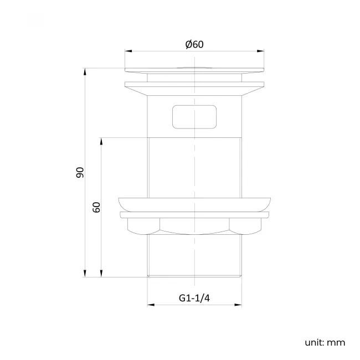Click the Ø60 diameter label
click(x=195, y=44)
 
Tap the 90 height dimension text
click(x=80, y=172)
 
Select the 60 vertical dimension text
click(x=96, y=208)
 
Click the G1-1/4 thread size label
click(x=194, y=298)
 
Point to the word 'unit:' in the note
click(x=314, y=342)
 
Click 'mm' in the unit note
click(x=336, y=342)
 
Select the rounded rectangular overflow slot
click(x=194, y=116)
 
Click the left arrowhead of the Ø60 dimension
click(x=127, y=52)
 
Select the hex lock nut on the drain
click(x=194, y=225)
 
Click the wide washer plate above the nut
click(x=194, y=203)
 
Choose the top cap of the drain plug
click(x=194, y=69)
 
